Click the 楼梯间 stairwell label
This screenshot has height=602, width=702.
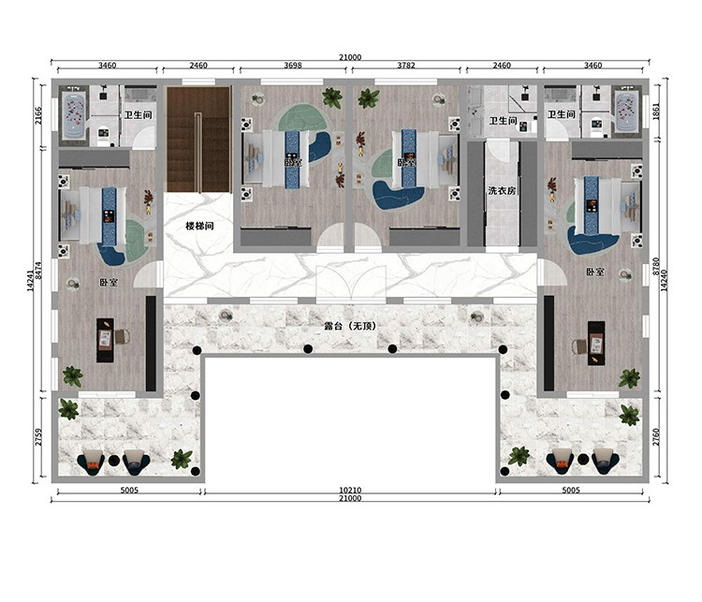click(199, 226)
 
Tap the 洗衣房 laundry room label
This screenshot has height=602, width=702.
click(502, 190)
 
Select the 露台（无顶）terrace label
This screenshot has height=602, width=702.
click(350, 326)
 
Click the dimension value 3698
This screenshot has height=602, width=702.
click(293, 66)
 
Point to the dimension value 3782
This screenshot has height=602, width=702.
click(406, 66)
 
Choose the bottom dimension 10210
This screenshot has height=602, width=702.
click(350, 491)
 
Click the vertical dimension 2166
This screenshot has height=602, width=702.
click(38, 115)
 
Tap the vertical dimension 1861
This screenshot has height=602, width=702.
click(656, 111)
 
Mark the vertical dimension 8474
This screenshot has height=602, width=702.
click(38, 271)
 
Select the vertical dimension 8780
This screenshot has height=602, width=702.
click(656, 267)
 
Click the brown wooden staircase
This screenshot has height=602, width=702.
click(198, 139)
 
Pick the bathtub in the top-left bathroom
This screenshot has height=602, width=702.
click(75, 115)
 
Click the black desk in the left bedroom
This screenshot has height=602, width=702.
click(105, 340)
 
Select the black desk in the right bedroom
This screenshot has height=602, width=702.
click(596, 343)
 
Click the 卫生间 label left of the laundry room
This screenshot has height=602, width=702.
click(503, 121)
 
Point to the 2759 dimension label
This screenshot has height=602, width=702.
click(38, 436)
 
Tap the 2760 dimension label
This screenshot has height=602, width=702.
click(656, 436)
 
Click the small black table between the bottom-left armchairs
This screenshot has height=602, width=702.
click(114, 460)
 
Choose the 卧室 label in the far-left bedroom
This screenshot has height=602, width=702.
click(109, 283)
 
